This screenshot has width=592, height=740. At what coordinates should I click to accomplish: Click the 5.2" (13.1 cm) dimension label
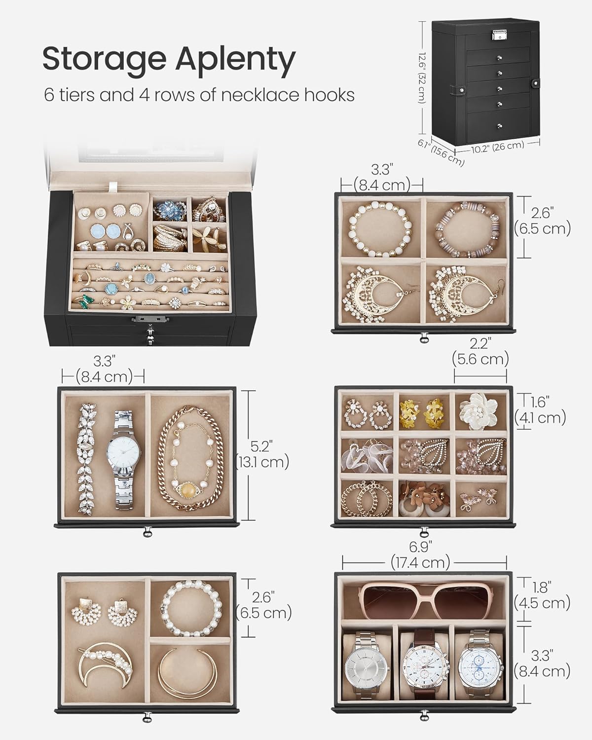[x=262, y=454]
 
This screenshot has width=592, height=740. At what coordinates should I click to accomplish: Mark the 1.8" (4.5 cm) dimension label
[x=542, y=595]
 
